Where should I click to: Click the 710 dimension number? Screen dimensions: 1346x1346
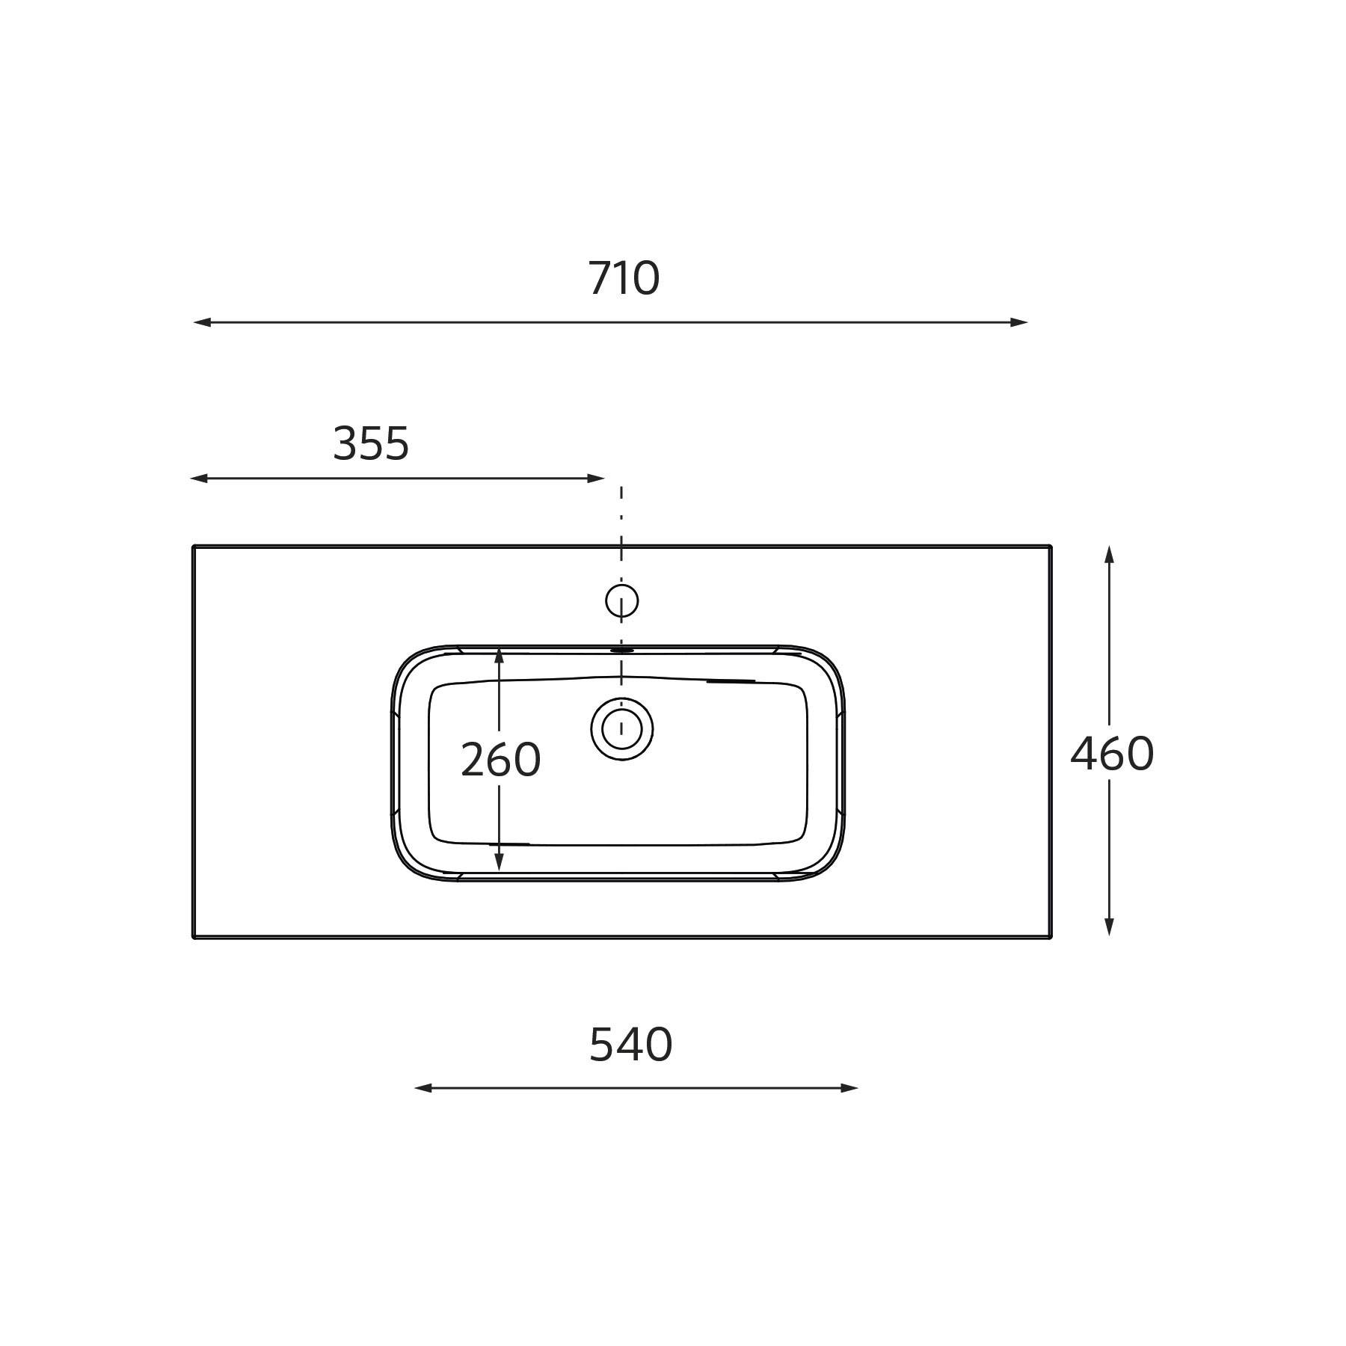[624, 278]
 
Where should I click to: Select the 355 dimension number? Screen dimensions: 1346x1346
[371, 443]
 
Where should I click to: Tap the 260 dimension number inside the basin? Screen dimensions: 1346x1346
[500, 760]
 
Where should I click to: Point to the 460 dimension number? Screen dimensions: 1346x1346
[1112, 754]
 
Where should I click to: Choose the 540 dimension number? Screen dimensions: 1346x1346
[630, 1045]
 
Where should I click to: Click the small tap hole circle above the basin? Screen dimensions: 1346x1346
[621, 600]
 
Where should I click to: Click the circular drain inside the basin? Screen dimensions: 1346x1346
[621, 728]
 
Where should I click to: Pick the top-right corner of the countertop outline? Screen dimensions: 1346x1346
[1051, 547]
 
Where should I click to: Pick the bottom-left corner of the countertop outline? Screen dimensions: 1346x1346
[194, 937]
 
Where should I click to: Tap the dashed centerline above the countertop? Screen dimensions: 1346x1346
[621, 516]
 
